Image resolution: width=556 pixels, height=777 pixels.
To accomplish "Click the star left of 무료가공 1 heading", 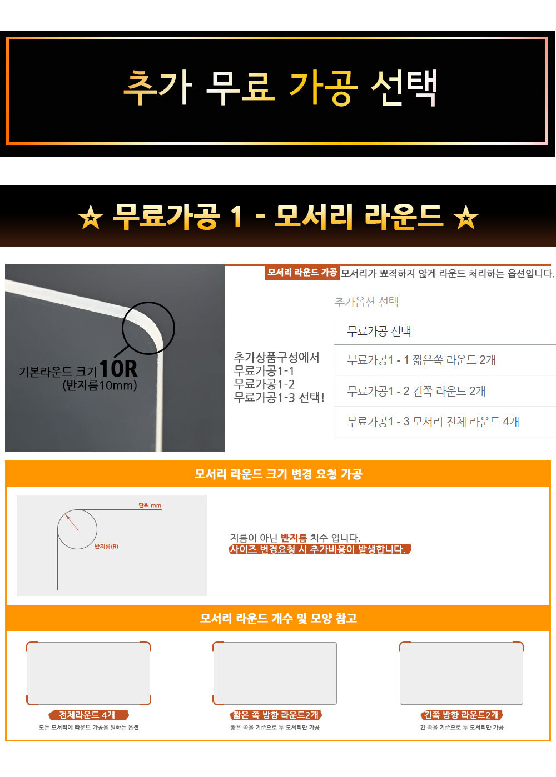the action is [91, 218].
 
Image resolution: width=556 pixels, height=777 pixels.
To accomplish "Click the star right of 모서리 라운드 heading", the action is [466, 218].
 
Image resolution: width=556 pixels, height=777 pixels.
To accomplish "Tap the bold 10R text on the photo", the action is [118, 368].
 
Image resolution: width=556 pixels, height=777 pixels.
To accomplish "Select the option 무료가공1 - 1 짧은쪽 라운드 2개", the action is [421, 360].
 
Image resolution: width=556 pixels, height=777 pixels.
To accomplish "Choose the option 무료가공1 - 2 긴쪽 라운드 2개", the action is [416, 391].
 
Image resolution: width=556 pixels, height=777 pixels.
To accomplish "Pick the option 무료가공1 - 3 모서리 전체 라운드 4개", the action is [433, 422].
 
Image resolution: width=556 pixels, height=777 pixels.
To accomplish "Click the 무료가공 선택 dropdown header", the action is [379, 331].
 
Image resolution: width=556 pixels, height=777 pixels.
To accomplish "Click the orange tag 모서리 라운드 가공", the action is [302, 273].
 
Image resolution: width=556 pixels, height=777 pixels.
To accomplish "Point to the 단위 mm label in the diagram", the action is [150, 505].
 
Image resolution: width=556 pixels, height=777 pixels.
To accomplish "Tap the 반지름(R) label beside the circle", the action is [106, 547].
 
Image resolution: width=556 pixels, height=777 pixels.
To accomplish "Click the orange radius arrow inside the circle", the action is [72, 523].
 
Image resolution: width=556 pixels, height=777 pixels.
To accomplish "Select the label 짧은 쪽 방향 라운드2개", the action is [275, 715].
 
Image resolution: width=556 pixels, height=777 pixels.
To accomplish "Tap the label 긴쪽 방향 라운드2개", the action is [461, 715].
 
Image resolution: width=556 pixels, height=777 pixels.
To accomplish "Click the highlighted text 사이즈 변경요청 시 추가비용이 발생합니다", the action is [320, 549].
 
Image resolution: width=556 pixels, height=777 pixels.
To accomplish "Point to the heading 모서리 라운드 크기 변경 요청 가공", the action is [278, 474].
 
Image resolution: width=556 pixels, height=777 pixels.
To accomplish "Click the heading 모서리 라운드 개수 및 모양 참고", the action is [278, 618].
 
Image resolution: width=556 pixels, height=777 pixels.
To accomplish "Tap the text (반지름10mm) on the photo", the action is [100, 385].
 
